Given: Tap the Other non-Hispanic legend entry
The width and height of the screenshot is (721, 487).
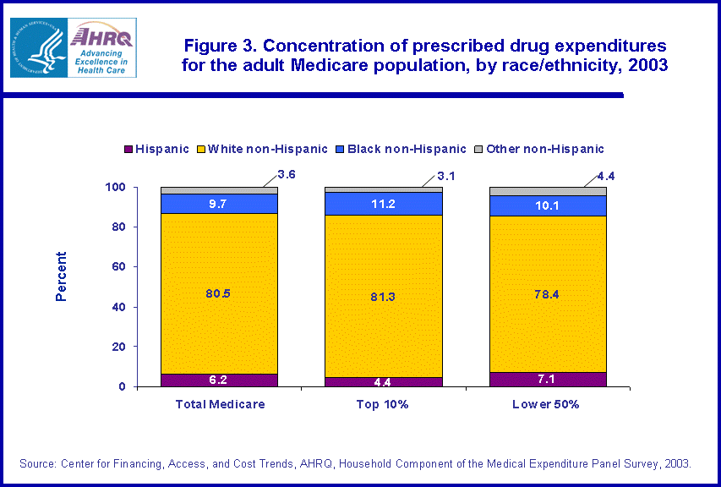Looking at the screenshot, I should click(x=545, y=149).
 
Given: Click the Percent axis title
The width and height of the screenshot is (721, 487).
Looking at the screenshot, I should click(x=61, y=276).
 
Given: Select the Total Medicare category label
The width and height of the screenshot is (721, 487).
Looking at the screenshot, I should click(x=220, y=404).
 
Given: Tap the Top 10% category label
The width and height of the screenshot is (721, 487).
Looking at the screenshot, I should click(x=384, y=404).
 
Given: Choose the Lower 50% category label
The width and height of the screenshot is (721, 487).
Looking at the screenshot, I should click(x=548, y=404).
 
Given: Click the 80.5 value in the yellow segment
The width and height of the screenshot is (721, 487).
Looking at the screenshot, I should click(x=219, y=293).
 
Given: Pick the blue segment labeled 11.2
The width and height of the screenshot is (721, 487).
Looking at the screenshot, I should click(x=384, y=203).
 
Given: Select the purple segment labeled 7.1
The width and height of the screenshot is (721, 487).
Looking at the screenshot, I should click(x=548, y=380).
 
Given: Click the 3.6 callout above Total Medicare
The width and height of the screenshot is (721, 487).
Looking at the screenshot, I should click(x=287, y=176).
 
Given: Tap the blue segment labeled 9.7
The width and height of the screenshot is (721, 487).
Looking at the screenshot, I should click(x=219, y=204).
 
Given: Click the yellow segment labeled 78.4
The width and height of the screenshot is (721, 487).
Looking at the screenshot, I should click(x=548, y=293).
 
